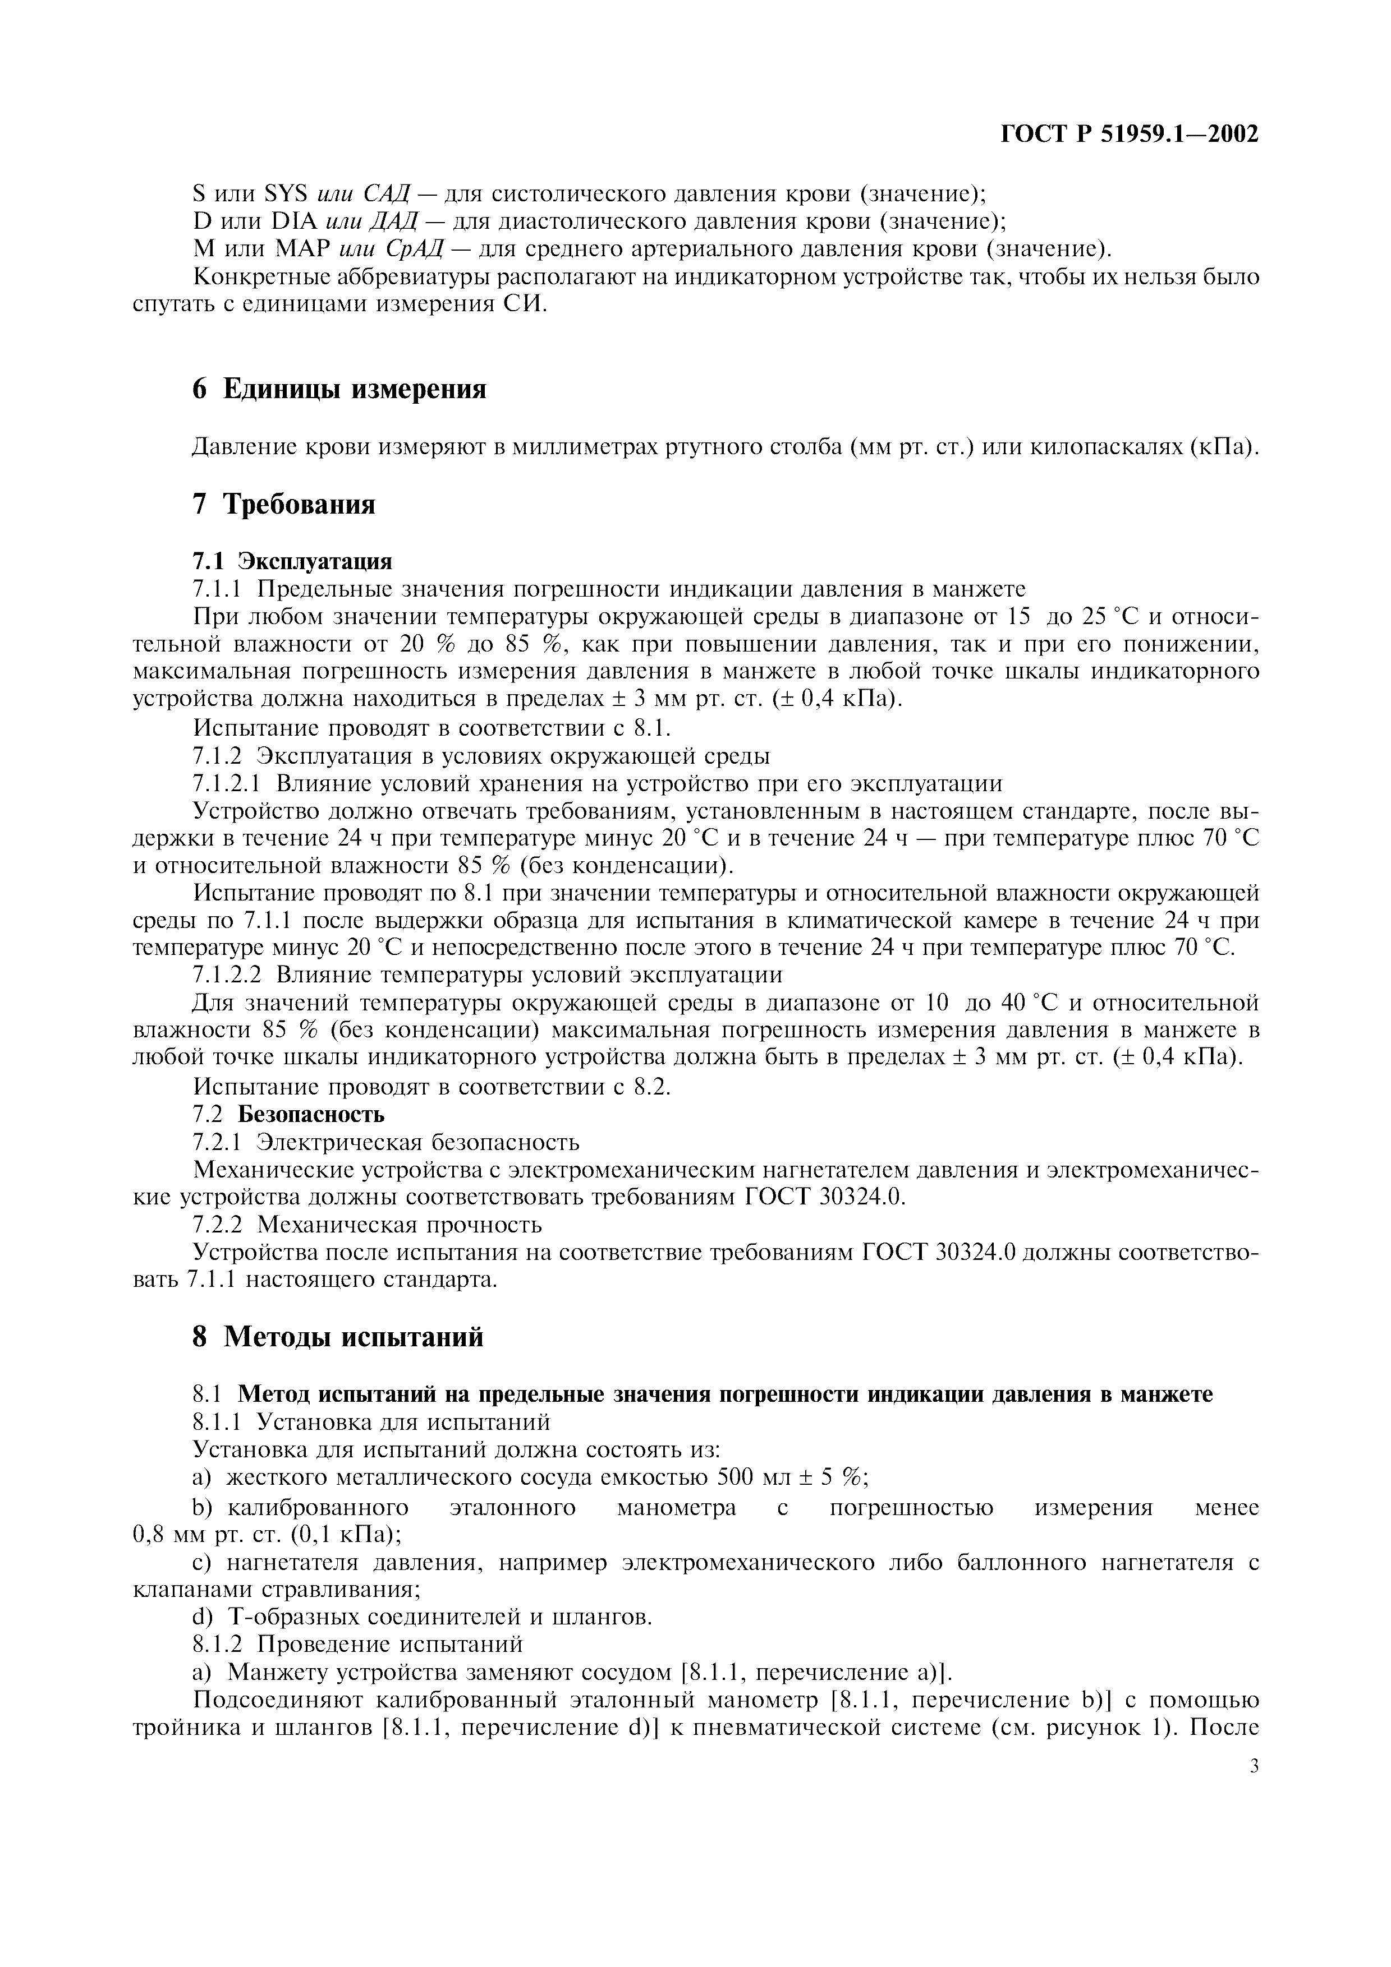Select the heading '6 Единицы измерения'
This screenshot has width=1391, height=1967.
click(x=339, y=389)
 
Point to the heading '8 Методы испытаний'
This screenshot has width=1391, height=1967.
click(x=338, y=1336)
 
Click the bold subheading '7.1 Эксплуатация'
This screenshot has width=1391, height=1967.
click(x=293, y=561)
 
